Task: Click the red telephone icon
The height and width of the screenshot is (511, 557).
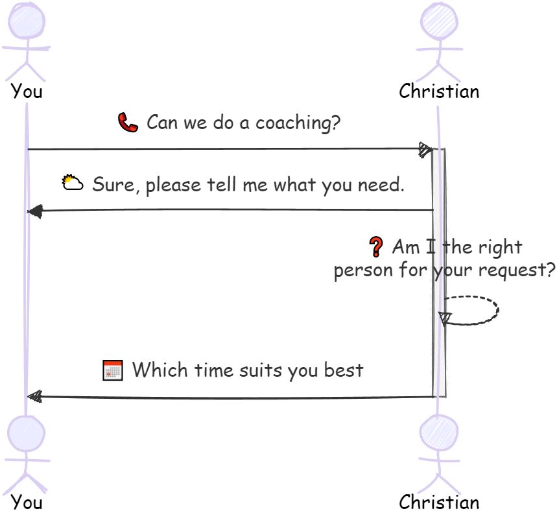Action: tap(128, 123)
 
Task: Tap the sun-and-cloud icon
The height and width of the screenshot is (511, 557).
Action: tap(72, 184)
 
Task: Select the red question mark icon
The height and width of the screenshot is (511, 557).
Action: tap(375, 246)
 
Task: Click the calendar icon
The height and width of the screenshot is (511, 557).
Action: tap(113, 370)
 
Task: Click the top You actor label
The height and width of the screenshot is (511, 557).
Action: tap(27, 91)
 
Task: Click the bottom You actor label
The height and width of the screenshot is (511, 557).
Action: tap(27, 502)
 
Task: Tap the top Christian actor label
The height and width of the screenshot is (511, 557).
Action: tap(439, 91)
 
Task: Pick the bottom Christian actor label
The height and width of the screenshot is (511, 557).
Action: tap(439, 502)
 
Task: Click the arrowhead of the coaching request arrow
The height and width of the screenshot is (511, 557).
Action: tap(425, 149)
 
